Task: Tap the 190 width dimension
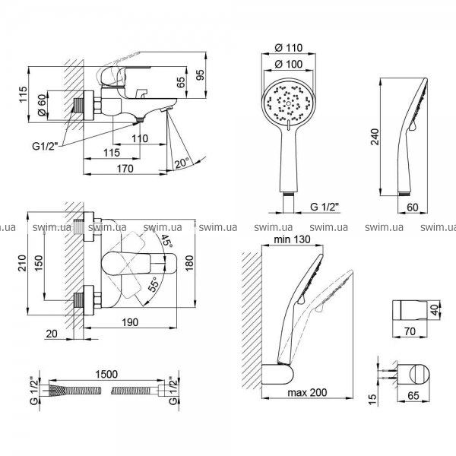[130, 323]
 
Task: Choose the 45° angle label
[168, 242]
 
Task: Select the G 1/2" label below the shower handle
[325, 206]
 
